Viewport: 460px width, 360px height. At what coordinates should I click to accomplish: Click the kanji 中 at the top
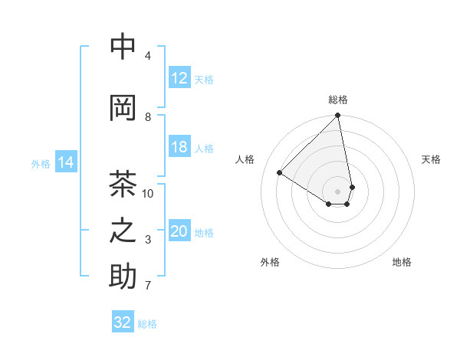(x=123, y=47)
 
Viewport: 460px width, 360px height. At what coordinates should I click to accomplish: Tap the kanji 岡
(x=123, y=108)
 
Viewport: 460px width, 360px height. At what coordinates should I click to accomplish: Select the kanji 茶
(x=123, y=185)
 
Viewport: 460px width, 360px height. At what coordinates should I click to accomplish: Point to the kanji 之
(x=123, y=231)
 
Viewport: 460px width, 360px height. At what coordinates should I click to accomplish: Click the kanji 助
(x=123, y=277)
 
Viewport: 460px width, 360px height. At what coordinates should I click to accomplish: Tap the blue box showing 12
(x=179, y=78)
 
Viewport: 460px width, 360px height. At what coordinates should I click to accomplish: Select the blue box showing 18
(x=179, y=147)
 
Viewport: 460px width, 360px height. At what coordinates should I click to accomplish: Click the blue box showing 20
(x=179, y=231)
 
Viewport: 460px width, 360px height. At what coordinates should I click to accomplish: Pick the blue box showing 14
(x=66, y=162)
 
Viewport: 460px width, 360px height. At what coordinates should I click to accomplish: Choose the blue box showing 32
(x=123, y=322)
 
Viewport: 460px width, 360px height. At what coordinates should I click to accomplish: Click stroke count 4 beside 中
(x=148, y=56)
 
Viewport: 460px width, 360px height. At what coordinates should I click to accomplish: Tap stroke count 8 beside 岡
(x=148, y=117)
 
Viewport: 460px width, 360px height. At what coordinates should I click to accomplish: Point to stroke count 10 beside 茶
(x=148, y=194)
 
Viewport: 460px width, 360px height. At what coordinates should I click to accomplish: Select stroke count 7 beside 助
(x=148, y=286)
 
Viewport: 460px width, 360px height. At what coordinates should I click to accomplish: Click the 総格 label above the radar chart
(x=338, y=100)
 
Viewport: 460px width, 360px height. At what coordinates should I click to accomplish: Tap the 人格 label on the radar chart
(x=245, y=159)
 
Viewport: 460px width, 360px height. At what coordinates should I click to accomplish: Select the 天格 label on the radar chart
(x=431, y=159)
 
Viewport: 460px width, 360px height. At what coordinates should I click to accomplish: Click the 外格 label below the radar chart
(x=270, y=262)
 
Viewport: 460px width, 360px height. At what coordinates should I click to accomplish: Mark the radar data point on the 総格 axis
(x=338, y=116)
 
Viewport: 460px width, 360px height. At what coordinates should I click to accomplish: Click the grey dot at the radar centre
(x=338, y=191)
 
